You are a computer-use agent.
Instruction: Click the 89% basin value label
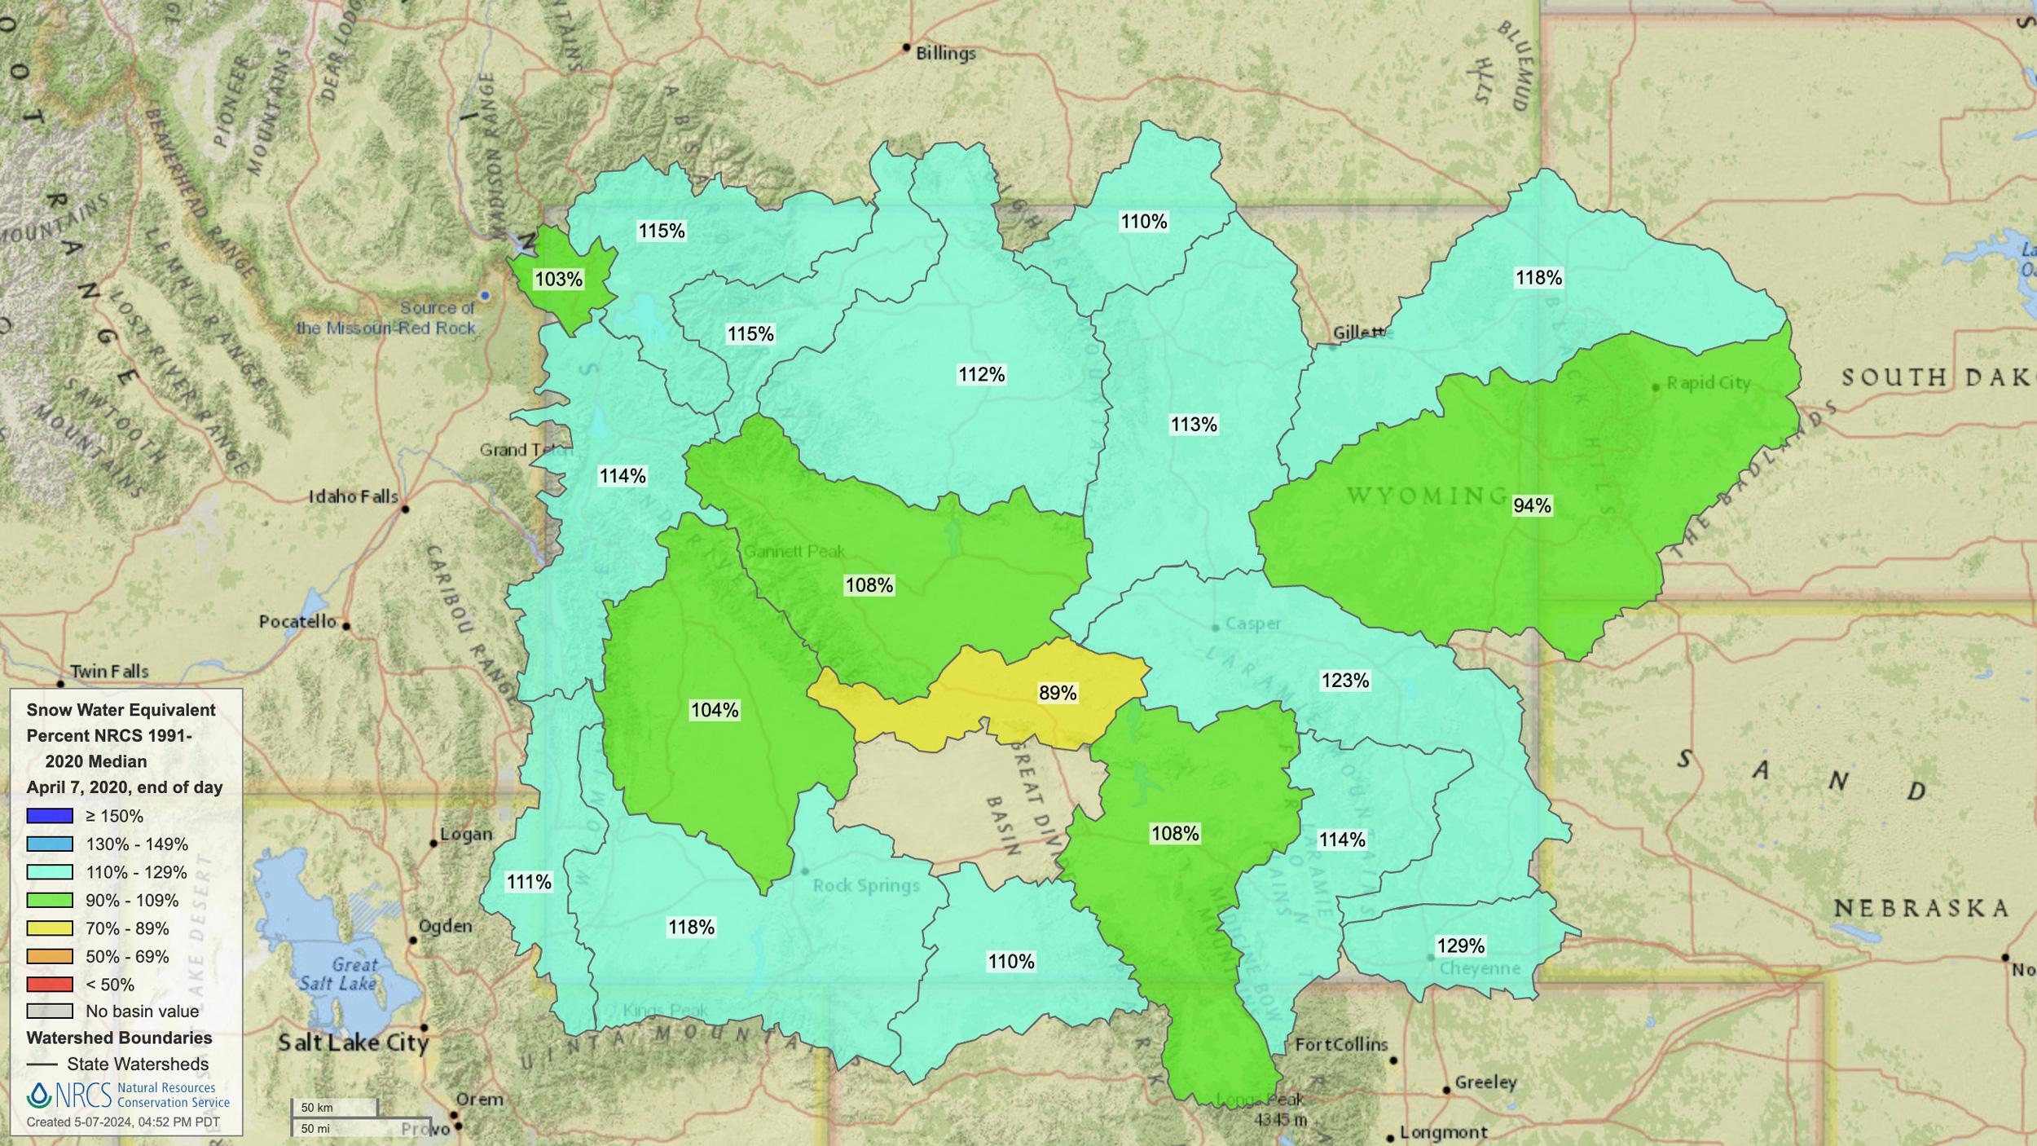1058,693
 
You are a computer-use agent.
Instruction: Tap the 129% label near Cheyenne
1460,945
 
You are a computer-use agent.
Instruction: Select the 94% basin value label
1532,505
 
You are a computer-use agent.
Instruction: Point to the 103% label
558,280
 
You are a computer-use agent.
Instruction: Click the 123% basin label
1344,680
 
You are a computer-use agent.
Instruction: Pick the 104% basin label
715,710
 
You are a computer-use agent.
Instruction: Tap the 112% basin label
981,374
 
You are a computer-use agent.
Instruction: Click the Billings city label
945,54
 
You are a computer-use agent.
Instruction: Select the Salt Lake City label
353,1042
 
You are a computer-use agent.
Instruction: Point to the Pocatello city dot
346,626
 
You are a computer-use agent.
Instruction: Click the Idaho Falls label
353,496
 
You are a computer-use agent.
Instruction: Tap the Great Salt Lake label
338,974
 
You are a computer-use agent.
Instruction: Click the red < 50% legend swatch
50,985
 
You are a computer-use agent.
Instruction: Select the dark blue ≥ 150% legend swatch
50,816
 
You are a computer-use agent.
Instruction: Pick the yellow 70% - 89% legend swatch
50,928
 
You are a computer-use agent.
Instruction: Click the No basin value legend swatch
50,1012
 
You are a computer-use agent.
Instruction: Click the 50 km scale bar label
317,1108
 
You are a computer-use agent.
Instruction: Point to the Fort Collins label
1341,1044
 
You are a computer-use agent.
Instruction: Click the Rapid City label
1708,383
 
